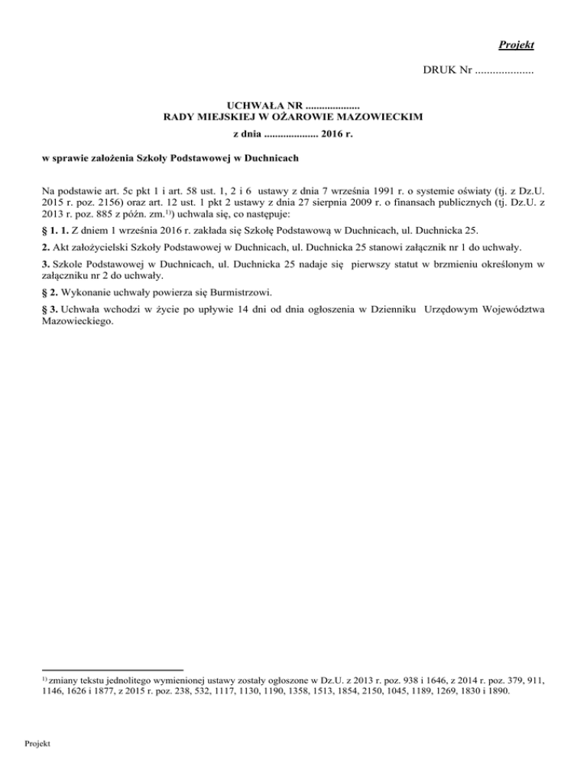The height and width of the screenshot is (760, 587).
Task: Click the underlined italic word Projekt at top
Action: [516, 45]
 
